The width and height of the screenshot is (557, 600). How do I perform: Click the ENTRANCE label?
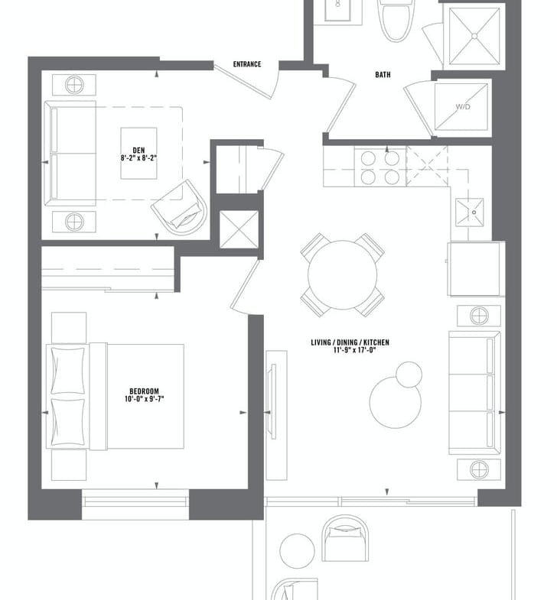coord(247,64)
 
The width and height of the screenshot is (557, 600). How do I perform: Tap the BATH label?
coord(383,75)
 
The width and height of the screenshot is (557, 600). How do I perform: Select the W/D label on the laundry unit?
coord(463,107)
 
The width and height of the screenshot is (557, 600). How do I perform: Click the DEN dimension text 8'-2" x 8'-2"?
coord(138,157)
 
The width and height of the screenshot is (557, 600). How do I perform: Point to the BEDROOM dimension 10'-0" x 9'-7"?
coord(144,399)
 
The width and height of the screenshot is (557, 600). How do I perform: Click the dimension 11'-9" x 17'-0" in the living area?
coord(354,349)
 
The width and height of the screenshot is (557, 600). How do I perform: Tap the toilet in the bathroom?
coord(397,19)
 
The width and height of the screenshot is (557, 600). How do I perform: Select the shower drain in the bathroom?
coord(474,36)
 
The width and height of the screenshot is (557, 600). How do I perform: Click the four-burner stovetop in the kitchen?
coord(380,167)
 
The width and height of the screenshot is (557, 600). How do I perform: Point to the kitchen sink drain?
coord(474,212)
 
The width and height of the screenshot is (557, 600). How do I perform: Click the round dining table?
coord(343,274)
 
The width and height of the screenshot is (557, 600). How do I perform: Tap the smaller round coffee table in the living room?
coord(409,375)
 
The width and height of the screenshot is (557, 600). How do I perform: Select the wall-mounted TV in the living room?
coord(273,402)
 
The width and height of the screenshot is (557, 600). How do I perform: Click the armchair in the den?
coord(180,208)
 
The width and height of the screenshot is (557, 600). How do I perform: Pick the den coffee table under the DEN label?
coord(138,154)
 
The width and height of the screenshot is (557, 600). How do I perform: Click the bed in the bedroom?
coord(115,397)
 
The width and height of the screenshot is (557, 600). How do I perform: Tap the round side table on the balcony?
coord(298,551)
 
